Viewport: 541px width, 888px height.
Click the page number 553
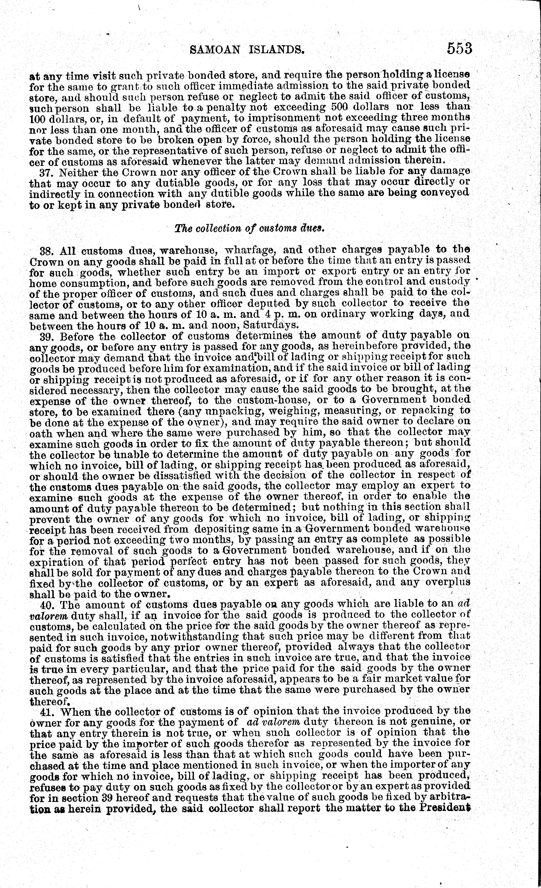click(x=459, y=48)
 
